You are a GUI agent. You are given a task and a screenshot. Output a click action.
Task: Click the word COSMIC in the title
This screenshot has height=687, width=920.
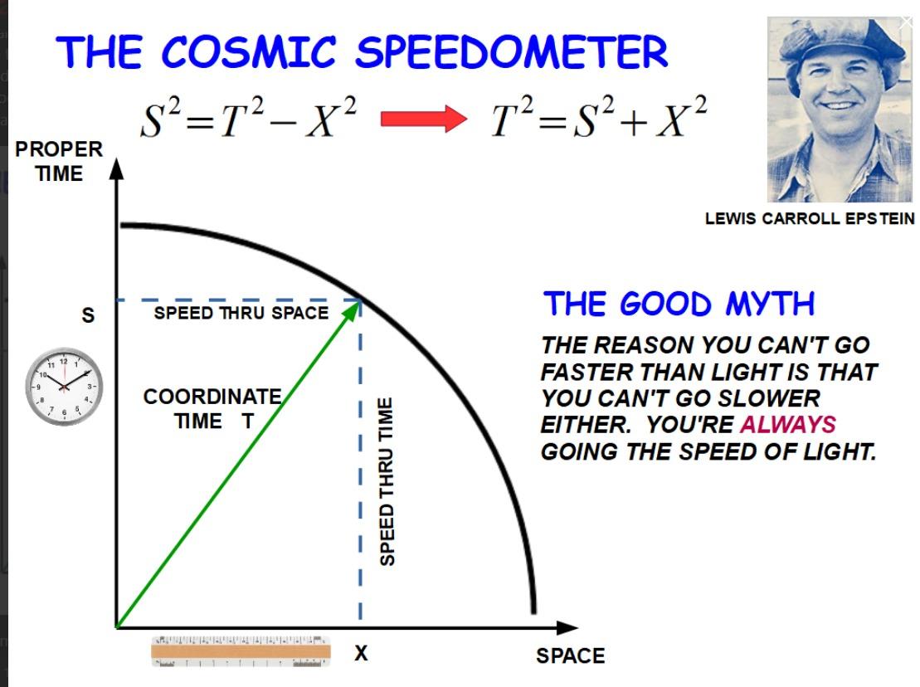pos(249,51)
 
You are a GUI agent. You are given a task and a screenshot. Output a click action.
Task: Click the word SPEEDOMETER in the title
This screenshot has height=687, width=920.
pos(512,51)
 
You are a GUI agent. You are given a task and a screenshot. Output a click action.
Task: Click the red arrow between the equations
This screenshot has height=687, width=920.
pos(424,119)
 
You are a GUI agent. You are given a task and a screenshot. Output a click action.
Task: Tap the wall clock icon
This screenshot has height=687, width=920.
pos(64,387)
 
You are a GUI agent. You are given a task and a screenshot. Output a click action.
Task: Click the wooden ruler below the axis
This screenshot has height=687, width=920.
pos(241,651)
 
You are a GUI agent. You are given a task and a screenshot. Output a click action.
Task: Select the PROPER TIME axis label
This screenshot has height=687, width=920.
pos(59,161)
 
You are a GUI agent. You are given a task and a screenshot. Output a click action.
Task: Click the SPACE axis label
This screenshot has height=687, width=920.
pos(570,655)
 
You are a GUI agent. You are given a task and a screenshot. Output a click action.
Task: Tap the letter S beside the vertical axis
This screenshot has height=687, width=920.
pos(88,315)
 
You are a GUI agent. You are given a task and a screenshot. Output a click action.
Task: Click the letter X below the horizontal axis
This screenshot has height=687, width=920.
pos(361,652)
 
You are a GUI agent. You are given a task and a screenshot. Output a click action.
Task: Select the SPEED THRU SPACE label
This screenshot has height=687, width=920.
pos(241,313)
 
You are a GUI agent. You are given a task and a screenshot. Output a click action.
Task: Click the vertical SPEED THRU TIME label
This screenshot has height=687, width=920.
pos(386,482)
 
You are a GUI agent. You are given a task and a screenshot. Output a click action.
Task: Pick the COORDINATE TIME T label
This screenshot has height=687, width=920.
pos(212,409)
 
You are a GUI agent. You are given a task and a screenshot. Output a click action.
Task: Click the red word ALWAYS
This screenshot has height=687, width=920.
pos(788,424)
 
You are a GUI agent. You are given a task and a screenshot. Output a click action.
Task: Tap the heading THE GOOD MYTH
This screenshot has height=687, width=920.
pos(679,305)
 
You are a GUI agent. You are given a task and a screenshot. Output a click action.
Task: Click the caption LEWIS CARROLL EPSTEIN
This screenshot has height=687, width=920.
pos(810,219)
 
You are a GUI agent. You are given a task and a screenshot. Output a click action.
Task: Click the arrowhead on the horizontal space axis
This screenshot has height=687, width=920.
pos(567,628)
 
